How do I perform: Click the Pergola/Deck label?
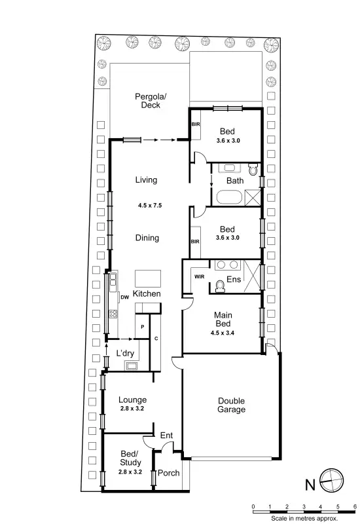coord(151,101)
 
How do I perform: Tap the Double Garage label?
coord(232,405)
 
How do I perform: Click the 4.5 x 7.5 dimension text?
coord(149,206)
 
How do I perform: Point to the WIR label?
coord(199,276)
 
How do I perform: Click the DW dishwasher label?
coord(124,297)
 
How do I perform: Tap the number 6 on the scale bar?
coord(354,507)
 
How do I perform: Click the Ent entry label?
coord(166,434)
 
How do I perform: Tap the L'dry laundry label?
coord(125,353)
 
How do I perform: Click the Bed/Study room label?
coord(130,458)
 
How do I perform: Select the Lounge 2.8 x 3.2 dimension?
coord(132,409)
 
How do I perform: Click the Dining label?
coord(147,238)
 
